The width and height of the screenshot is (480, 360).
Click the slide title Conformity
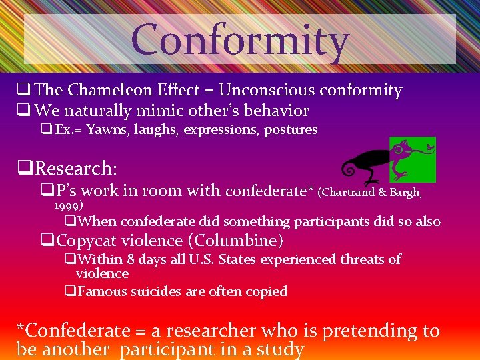click(240, 40)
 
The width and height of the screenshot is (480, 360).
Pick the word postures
click(291, 129)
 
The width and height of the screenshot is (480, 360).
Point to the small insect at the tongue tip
click(430, 144)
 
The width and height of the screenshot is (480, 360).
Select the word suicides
click(153, 291)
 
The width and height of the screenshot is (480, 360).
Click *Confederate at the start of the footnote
click(73, 331)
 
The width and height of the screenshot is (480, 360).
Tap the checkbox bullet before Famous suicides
click(69, 291)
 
